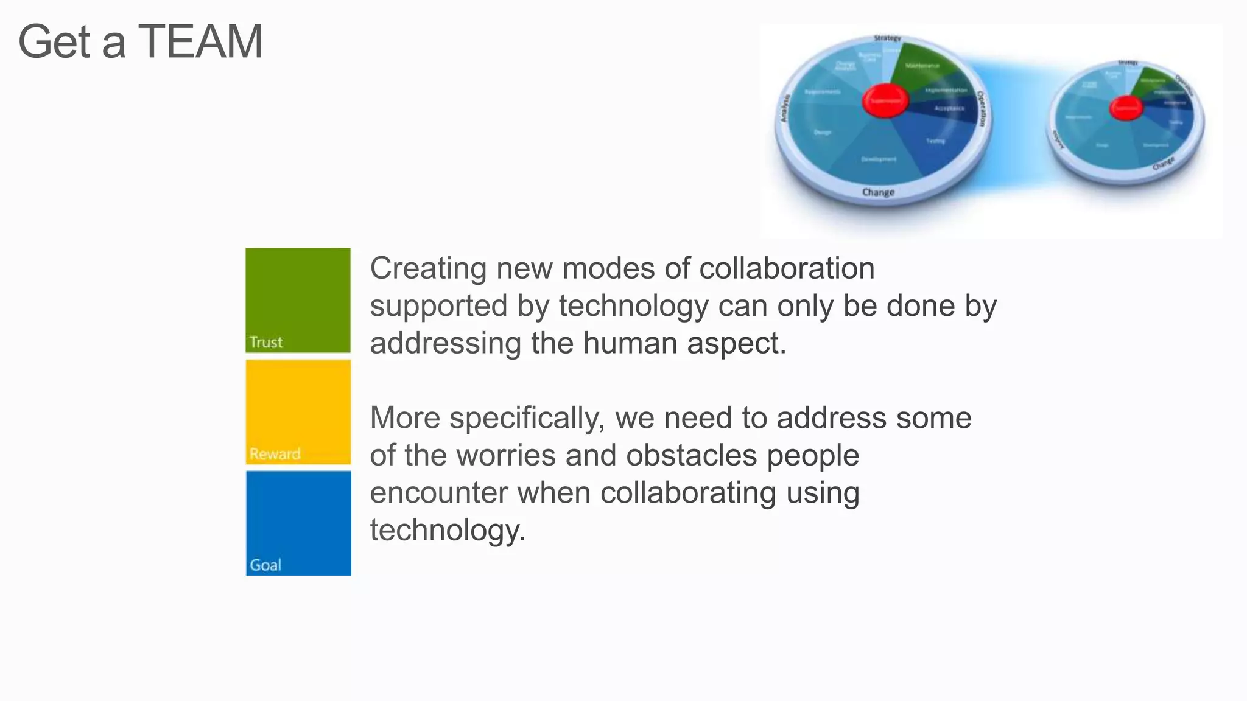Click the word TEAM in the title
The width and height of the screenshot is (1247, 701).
point(201,41)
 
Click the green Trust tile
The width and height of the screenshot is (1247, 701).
point(298,299)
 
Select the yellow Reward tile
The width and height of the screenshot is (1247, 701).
point(298,411)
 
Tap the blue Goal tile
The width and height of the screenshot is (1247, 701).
point(298,523)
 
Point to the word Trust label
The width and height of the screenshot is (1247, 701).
point(265,342)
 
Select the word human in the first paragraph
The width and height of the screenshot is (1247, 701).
point(630,343)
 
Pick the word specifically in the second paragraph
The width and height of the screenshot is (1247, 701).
point(527,418)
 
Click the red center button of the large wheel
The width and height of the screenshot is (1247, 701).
point(885,101)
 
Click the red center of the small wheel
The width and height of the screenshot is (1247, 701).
point(1126,108)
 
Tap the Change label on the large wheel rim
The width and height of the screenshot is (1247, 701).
point(878,192)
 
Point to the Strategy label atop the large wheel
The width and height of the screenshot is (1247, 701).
point(887,38)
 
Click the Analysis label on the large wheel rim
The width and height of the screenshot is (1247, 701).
point(785,108)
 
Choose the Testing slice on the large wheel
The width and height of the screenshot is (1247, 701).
point(935,141)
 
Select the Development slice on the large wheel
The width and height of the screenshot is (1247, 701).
point(878,159)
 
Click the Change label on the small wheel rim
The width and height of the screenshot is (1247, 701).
point(1164,163)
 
